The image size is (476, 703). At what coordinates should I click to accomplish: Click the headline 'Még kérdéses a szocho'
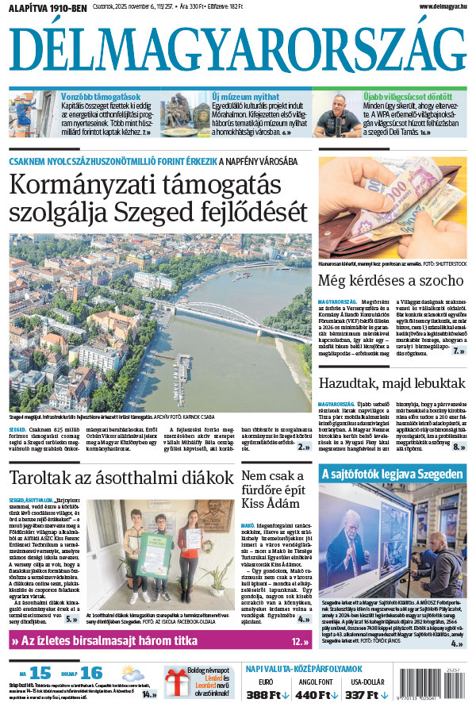(x=390, y=280)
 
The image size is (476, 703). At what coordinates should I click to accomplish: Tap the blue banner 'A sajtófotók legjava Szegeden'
(x=393, y=474)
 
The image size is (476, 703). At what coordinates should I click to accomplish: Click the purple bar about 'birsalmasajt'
(x=159, y=641)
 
